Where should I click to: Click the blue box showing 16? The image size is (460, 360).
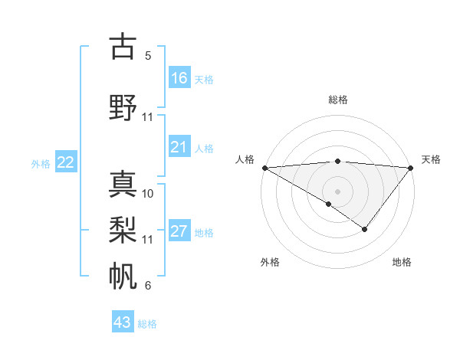179,78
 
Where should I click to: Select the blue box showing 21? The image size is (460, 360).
179,147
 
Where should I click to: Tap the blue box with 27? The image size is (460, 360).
179,231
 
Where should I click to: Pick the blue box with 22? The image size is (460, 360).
66,162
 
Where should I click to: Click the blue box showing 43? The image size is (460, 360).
123,322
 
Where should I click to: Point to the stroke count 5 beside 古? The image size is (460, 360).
147,56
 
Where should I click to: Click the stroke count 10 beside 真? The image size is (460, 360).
148,194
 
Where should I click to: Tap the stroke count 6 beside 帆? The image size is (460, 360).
147,286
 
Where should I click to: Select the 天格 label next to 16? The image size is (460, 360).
204,79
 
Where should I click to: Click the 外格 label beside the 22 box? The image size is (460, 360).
41,163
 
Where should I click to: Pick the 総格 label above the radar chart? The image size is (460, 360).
337,100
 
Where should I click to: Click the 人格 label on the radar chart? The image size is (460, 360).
245,159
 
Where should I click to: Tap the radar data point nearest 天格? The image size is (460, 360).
411,168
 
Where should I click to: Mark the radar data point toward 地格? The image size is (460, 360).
365,228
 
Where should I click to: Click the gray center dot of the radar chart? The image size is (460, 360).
337,191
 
